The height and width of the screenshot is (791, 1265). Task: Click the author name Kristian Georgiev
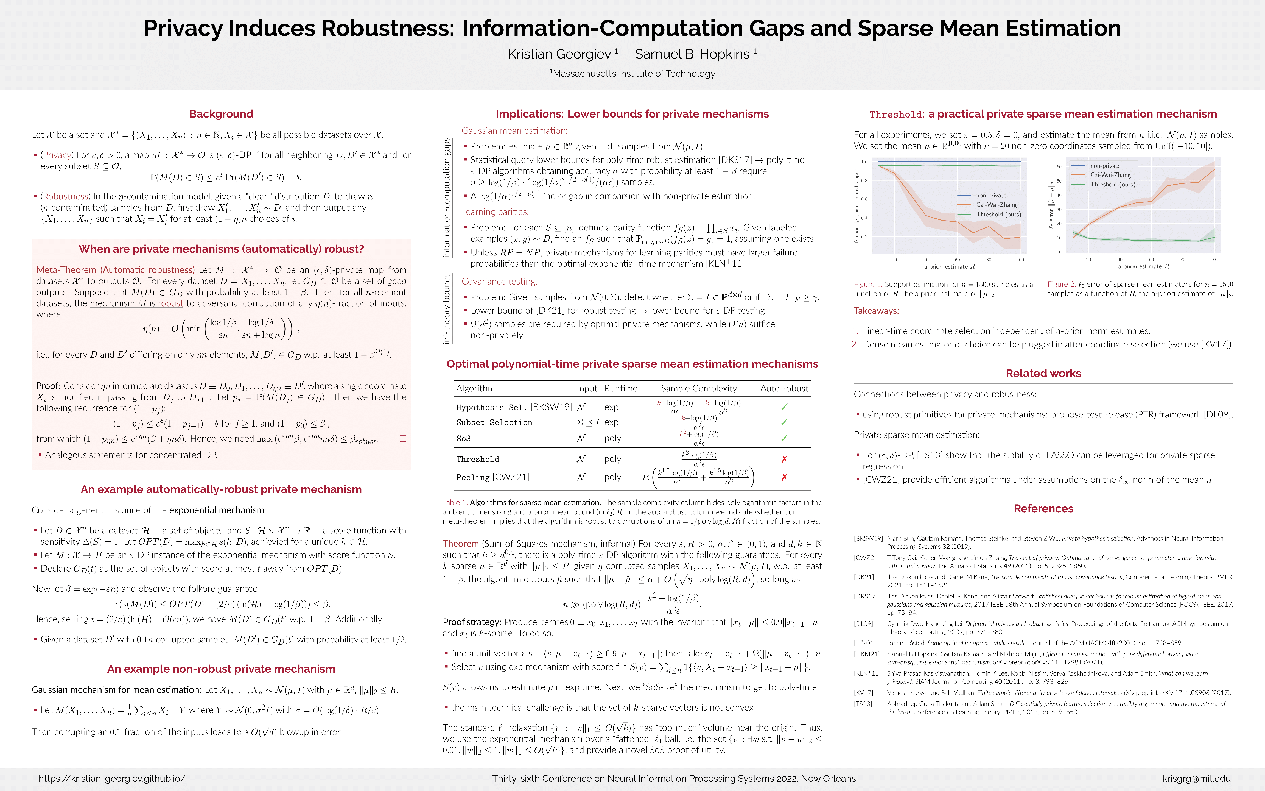click(x=559, y=54)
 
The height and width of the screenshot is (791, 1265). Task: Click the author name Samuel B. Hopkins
click(x=692, y=54)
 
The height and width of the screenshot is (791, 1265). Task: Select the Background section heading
click(x=221, y=114)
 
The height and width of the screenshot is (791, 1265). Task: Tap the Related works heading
click(x=1043, y=374)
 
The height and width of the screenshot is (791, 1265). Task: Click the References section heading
click(x=1043, y=508)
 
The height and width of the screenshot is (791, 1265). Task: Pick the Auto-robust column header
click(x=784, y=388)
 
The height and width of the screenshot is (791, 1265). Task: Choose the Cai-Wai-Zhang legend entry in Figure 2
click(x=1110, y=175)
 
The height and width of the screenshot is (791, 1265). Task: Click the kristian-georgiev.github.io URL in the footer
click(x=112, y=778)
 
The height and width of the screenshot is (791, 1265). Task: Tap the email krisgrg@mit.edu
click(x=1196, y=778)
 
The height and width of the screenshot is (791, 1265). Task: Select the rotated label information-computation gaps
click(x=447, y=198)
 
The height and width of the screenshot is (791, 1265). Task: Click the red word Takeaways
click(x=876, y=311)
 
